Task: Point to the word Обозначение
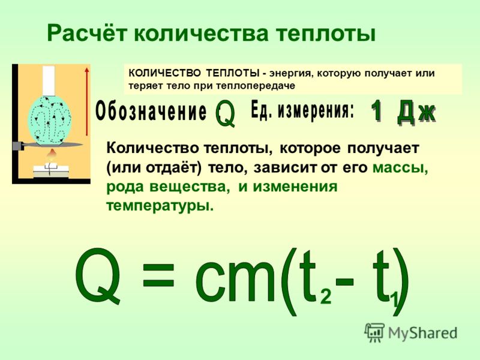point(151,112)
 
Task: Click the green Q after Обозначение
point(226,113)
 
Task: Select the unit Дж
point(416,112)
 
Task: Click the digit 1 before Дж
point(377,112)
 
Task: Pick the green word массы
point(400,168)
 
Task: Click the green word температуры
point(160,206)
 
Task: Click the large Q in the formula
point(97,275)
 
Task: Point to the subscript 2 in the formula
point(326,296)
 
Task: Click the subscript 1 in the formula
point(395,300)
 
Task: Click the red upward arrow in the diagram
point(87,101)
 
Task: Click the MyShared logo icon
point(374,332)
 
